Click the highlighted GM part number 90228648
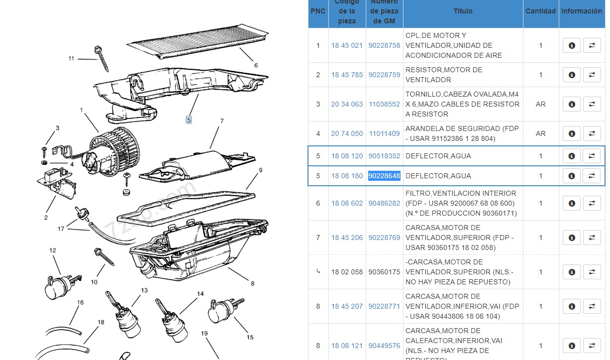click(x=384, y=176)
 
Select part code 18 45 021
click(x=347, y=45)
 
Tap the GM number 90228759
click(x=384, y=75)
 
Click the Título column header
click(x=463, y=11)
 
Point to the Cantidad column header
click(x=540, y=11)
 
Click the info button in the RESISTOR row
click(x=572, y=75)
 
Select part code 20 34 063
click(x=347, y=104)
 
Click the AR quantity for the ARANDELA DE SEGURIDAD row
click(x=540, y=133)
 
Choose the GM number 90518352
click(x=384, y=156)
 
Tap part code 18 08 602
click(x=347, y=203)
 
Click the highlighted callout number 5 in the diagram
click(x=189, y=120)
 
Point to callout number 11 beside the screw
click(x=71, y=58)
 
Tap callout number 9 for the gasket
click(x=260, y=170)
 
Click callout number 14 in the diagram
click(x=200, y=294)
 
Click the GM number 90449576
click(x=384, y=346)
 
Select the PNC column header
click(x=318, y=11)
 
